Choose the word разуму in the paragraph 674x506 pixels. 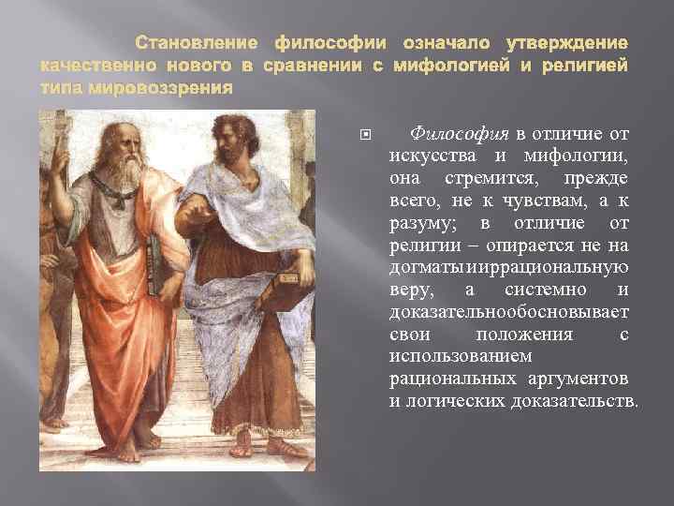tap(418, 222)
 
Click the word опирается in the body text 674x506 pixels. tap(533, 245)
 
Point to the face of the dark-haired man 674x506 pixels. tap(228, 141)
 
